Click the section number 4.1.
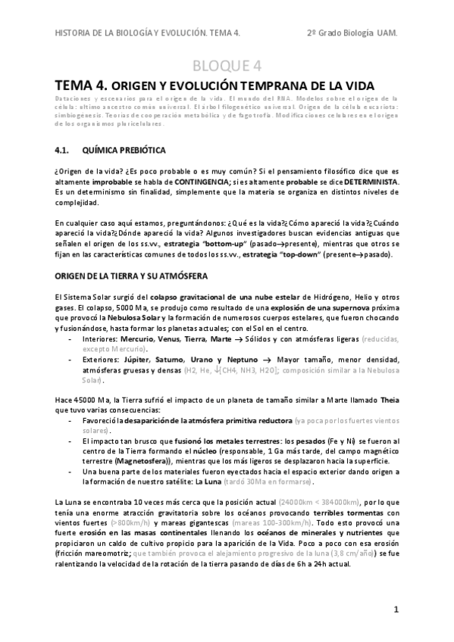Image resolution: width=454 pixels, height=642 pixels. [x=65, y=150]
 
